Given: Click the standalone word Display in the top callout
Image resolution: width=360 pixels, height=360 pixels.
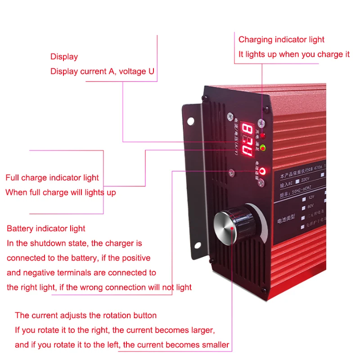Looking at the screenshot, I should [x=64, y=57].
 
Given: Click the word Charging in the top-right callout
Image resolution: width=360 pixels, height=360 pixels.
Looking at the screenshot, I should [x=255, y=40].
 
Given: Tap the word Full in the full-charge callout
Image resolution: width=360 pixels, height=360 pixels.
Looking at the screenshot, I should [x=12, y=178].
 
